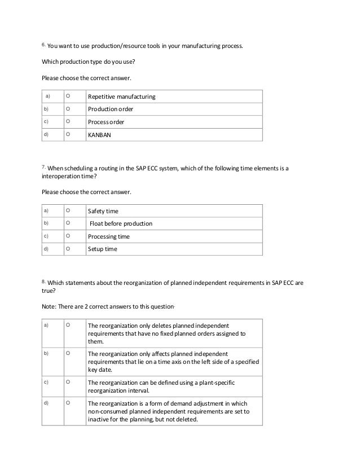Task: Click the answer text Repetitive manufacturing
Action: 121,97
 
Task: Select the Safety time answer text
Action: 103,211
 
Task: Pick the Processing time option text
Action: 109,236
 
